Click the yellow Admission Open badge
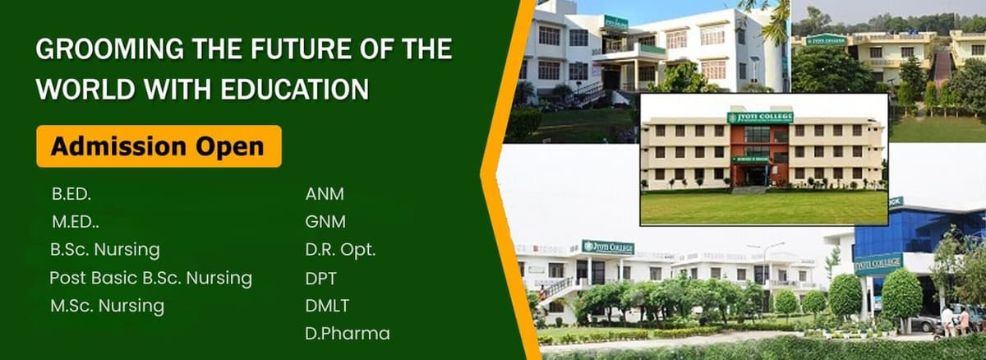pos(158,146)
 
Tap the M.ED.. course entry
pos(76,222)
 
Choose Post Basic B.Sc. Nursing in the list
pos(150,278)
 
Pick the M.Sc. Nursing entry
pos(107,307)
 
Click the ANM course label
pos(325,195)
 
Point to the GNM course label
pos(325,222)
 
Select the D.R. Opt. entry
pos(340,250)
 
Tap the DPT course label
pos(320,278)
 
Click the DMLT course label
pos(327,306)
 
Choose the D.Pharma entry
pos(347,334)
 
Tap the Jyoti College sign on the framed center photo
pos(761,118)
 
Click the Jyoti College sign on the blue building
pos(878,265)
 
